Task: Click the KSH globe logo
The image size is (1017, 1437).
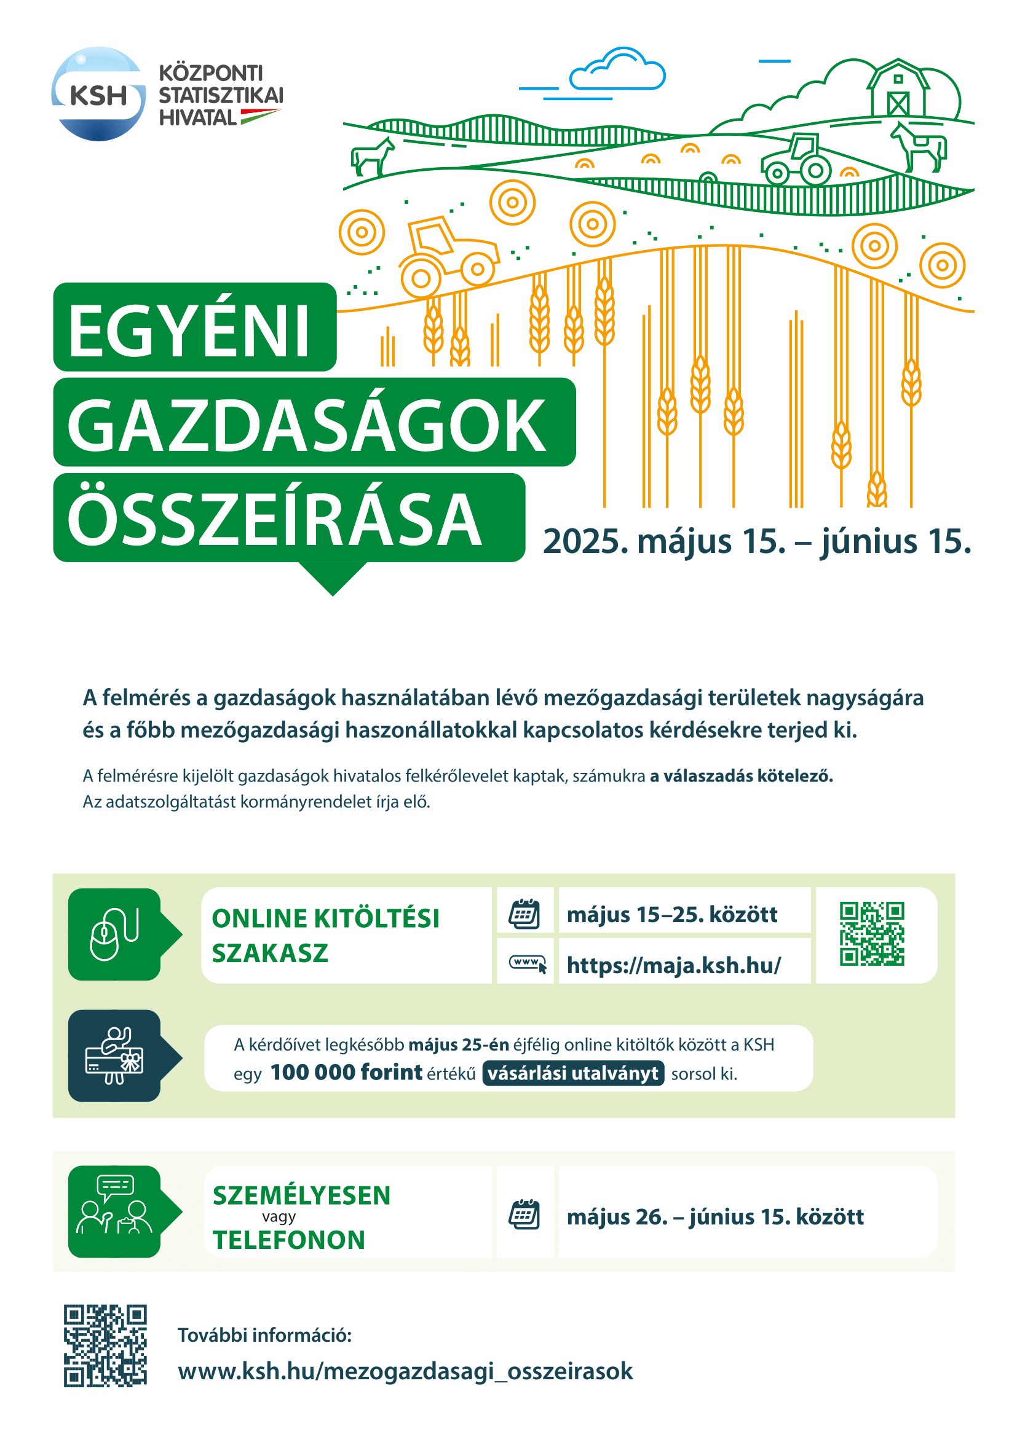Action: [x=98, y=94]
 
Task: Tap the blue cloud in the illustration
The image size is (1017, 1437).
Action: [x=617, y=71]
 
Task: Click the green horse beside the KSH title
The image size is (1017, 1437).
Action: [x=372, y=157]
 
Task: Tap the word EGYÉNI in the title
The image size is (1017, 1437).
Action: [x=189, y=330]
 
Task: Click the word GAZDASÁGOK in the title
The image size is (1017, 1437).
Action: [x=307, y=426]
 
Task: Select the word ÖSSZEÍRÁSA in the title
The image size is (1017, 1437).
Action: [x=275, y=520]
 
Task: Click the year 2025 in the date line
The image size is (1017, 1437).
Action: [x=585, y=542]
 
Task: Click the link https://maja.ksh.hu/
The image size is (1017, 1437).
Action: [x=674, y=965]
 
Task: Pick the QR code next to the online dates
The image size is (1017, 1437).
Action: [x=872, y=933]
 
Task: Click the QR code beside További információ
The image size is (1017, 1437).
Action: [x=105, y=1345]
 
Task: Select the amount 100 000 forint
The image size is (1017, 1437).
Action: [x=346, y=1073]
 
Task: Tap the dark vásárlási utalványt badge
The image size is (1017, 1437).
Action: [x=573, y=1073]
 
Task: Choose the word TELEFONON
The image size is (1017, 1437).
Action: [x=289, y=1240]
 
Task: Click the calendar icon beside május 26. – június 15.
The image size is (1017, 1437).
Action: [x=524, y=1215]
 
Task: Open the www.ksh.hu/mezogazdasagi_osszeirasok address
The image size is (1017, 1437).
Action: [x=405, y=1371]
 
